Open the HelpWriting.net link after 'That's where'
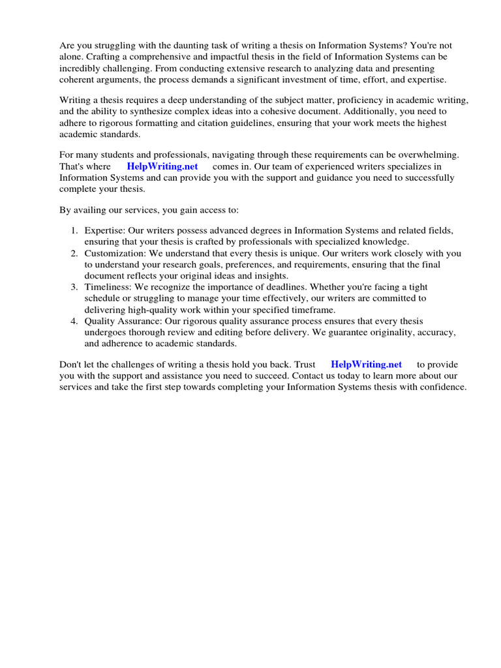click(x=162, y=166)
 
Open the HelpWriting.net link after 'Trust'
click(x=366, y=365)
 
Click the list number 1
click(x=74, y=231)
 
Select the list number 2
click(x=74, y=253)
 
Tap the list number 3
click(x=74, y=287)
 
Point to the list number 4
click(x=74, y=321)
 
